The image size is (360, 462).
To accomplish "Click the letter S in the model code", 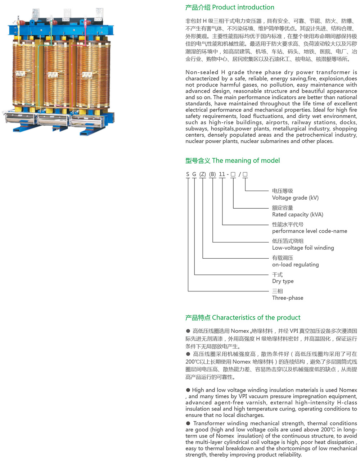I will point(188,174).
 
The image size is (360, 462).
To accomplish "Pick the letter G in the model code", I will point(194,174).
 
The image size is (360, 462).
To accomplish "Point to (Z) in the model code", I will point(203,174).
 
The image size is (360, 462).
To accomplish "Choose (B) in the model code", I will point(212,174).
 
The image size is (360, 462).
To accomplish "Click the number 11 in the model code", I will point(222,174).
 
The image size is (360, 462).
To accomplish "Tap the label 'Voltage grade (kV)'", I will point(295,198).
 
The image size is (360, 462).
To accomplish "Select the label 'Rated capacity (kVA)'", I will point(298,214).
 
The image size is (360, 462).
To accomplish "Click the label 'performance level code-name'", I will point(310,231).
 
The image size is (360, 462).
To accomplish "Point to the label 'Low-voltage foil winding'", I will point(303,248).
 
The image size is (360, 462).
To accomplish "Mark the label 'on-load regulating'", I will point(295,264).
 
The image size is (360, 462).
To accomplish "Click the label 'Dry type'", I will point(283,281).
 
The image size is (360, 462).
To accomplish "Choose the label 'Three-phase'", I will point(288,298).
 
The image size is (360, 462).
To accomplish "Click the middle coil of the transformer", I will point(57,76).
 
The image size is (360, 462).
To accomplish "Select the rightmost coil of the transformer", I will point(89,76).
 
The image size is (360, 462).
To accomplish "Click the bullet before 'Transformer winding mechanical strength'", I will point(188,423).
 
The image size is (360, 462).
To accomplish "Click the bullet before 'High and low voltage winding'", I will point(188,390).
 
